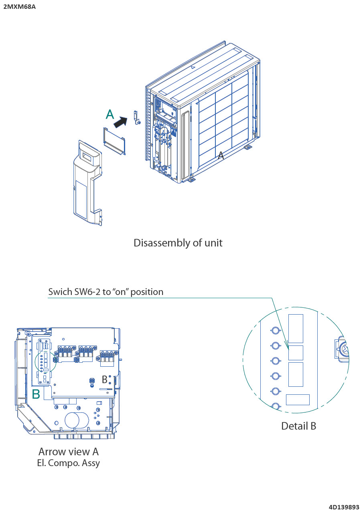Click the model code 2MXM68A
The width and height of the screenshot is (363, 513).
(19, 6)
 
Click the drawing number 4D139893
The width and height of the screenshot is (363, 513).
(344, 507)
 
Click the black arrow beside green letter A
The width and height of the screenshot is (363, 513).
(120, 122)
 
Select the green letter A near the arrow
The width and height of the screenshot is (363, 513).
(110, 115)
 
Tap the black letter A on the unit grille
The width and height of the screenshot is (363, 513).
(221, 156)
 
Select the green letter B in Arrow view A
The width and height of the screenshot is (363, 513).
(36, 394)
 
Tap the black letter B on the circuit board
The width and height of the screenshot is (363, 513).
(105, 379)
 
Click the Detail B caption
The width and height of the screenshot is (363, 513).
(298, 426)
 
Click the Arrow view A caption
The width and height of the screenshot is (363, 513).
(68, 452)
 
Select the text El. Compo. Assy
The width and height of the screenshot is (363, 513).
(68, 463)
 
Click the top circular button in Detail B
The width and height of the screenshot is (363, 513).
(276, 331)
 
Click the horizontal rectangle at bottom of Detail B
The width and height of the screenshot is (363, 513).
(298, 400)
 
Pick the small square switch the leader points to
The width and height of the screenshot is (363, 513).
(296, 353)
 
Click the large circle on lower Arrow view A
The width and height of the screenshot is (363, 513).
(72, 420)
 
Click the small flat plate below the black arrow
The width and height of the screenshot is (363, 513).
(115, 140)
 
